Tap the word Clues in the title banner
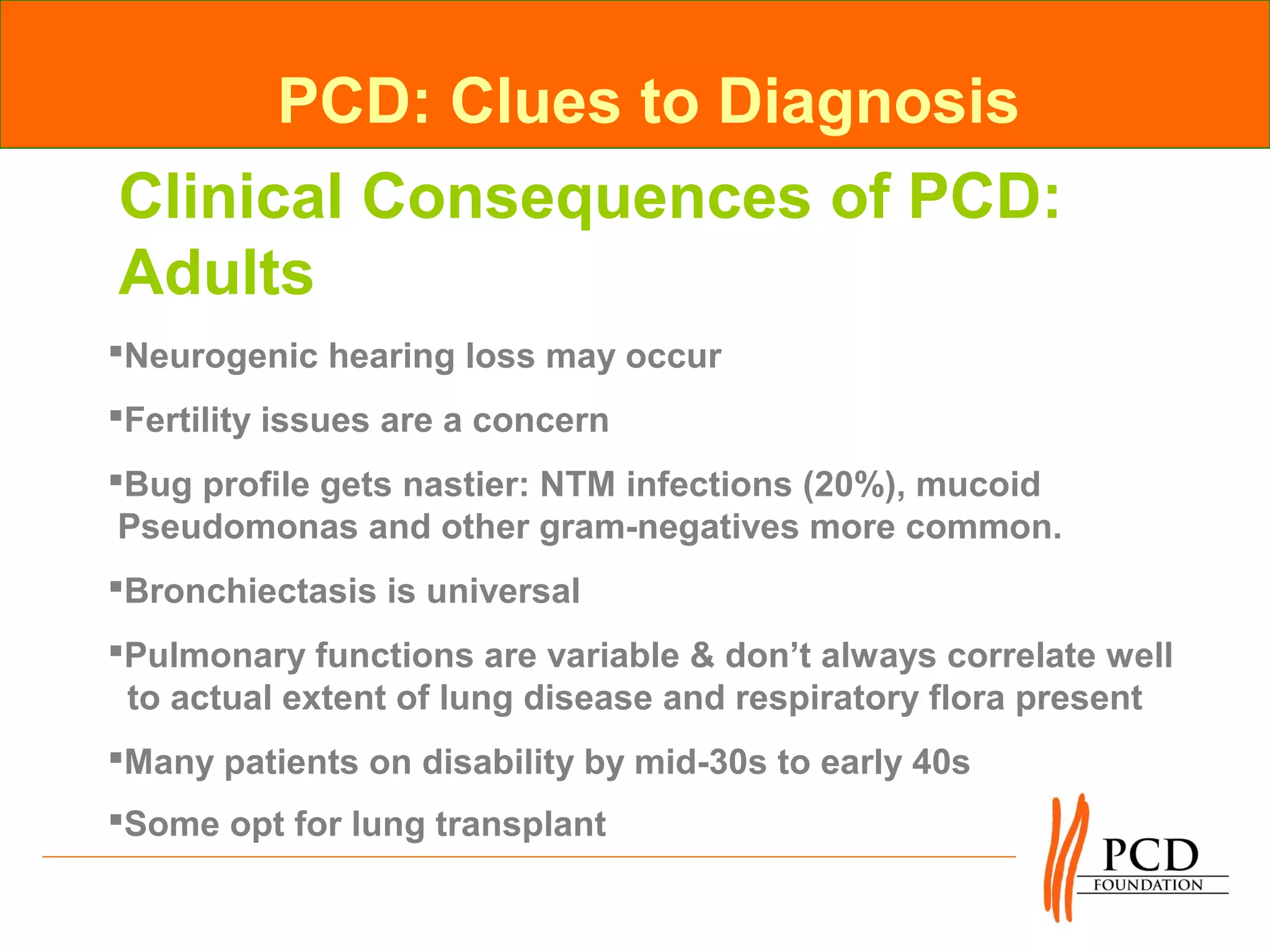(x=535, y=101)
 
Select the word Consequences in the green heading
(x=585, y=197)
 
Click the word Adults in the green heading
(x=216, y=273)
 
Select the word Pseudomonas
(x=238, y=527)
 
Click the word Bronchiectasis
(x=251, y=591)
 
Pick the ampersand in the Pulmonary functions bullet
(x=702, y=656)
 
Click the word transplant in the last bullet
(x=520, y=824)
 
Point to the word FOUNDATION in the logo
(x=1148, y=885)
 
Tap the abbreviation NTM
(x=577, y=485)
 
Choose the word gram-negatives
(x=669, y=527)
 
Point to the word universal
(x=503, y=591)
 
